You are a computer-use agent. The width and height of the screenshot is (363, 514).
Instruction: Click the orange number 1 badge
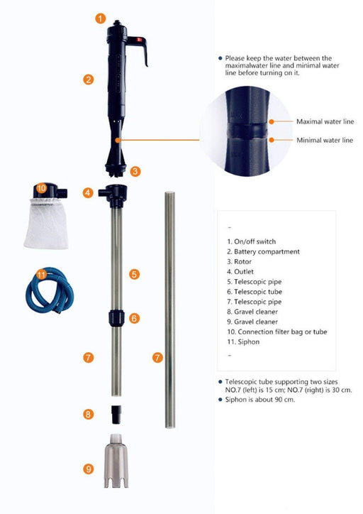click(101, 18)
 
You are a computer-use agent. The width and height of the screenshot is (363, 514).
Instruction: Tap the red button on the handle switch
click(139, 40)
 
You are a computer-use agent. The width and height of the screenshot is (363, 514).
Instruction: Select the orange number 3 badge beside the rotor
click(135, 171)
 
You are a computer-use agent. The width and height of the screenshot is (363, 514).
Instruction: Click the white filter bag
click(47, 223)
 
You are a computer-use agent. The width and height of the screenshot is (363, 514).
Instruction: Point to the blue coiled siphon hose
click(50, 290)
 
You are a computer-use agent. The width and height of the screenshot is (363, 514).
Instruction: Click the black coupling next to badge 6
click(116, 317)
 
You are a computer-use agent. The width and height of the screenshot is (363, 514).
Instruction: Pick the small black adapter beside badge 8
click(116, 415)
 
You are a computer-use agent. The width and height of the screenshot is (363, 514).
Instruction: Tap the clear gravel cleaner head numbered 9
click(116, 461)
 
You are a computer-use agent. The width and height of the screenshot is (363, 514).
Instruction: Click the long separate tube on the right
click(169, 310)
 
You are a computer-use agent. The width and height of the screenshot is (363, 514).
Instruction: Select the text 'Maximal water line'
click(325, 121)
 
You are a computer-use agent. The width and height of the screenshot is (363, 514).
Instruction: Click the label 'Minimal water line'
click(325, 141)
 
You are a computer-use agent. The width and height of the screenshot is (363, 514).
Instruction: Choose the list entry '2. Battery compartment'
click(263, 252)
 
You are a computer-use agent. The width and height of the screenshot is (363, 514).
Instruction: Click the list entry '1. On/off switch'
click(252, 241)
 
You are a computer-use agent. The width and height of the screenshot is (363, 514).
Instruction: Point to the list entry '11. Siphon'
click(243, 342)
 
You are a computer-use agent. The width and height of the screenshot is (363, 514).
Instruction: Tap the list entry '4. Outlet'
click(240, 272)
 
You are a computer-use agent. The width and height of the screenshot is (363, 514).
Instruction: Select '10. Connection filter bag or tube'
click(277, 332)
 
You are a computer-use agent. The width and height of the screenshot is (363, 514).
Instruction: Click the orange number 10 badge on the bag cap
click(41, 188)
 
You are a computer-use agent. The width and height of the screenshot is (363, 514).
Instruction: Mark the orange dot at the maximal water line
click(272, 121)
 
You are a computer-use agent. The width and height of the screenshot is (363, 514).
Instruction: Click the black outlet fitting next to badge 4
click(113, 196)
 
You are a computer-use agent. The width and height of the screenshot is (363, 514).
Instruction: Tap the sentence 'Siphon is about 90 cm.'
click(260, 400)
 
